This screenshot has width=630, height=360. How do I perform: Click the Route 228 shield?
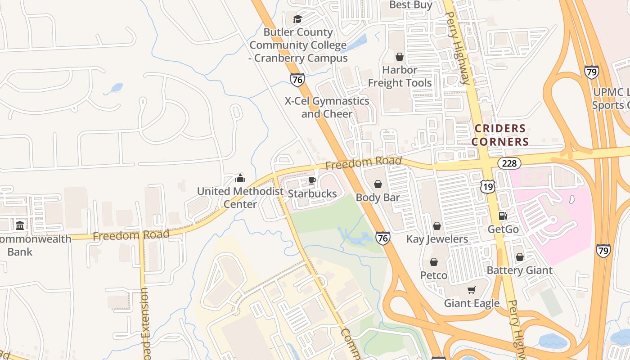point(509,163)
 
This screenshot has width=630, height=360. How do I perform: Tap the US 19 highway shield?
point(488,186)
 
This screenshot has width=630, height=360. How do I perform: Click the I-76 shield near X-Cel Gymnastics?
point(297,80)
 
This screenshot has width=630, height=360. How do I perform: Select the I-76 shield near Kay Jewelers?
point(383,238)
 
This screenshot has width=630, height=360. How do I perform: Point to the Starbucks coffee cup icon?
point(312,181)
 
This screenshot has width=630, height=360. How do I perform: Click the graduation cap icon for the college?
point(297,19)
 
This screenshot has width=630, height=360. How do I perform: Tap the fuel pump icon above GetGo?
point(503,216)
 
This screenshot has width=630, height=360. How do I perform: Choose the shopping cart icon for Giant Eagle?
point(471,290)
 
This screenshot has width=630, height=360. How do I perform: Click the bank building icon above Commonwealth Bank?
point(20,225)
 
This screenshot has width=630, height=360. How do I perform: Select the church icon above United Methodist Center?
point(240,178)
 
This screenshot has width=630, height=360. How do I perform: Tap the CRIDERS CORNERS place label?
point(500,135)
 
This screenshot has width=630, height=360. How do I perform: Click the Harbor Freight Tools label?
point(400,76)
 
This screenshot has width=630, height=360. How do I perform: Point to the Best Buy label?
point(410,5)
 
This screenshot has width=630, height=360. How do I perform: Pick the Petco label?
point(434,275)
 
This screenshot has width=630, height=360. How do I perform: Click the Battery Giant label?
point(520,270)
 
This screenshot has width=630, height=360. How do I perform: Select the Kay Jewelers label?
point(437,239)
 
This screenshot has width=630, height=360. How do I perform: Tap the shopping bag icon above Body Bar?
point(378,184)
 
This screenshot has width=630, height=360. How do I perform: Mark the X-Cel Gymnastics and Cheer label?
point(327,107)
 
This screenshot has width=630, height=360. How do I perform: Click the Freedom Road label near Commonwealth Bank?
point(131,235)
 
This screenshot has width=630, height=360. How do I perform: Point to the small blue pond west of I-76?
point(116,87)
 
